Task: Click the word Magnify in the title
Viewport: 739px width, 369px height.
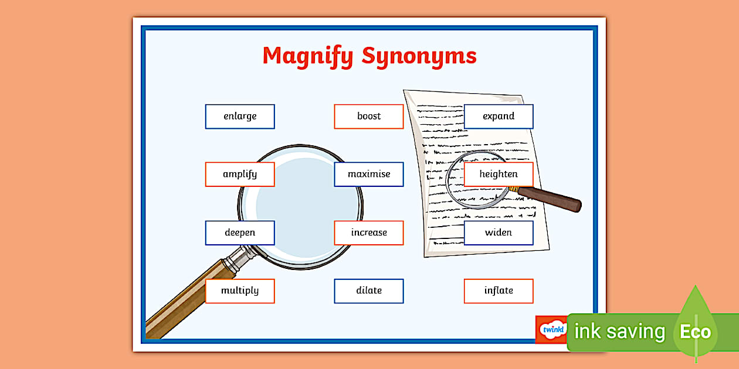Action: click(x=308, y=56)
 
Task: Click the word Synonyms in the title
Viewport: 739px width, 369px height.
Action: click(x=419, y=56)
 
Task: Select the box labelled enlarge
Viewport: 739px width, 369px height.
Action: click(x=240, y=117)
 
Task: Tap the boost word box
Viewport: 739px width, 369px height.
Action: click(x=369, y=117)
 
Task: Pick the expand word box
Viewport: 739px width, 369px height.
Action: click(x=499, y=117)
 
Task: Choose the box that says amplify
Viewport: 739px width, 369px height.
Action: click(x=240, y=175)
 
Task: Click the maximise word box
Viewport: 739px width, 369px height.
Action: click(x=369, y=175)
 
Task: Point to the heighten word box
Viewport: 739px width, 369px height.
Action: click(x=499, y=175)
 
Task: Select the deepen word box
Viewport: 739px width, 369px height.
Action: click(x=240, y=233)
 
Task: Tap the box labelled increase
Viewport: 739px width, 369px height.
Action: click(x=369, y=233)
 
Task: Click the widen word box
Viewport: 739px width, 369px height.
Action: click(x=499, y=233)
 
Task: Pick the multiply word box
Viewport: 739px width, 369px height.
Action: click(x=240, y=291)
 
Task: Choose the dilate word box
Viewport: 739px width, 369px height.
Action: click(x=369, y=291)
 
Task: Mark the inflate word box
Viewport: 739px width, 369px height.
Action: click(x=499, y=291)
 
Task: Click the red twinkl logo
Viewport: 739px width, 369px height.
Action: click(x=551, y=329)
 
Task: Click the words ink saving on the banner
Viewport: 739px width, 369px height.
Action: click(x=619, y=332)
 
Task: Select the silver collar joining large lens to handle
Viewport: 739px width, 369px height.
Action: click(x=241, y=258)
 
